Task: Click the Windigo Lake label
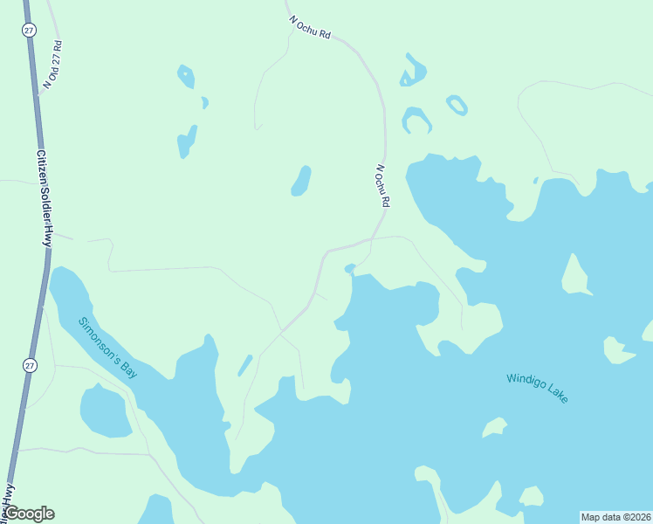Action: pyautogui.click(x=537, y=389)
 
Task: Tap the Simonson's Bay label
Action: pyautogui.click(x=108, y=347)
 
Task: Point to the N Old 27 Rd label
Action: pyautogui.click(x=52, y=65)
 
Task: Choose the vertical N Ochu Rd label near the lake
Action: pyautogui.click(x=382, y=185)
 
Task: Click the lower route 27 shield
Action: pyautogui.click(x=30, y=364)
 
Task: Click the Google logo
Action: pyautogui.click(x=29, y=514)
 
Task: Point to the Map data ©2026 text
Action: pyautogui.click(x=615, y=517)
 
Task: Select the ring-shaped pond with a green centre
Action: pyautogui.click(x=457, y=106)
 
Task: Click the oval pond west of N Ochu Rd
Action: pyautogui.click(x=301, y=181)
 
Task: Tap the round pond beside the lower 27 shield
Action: pyautogui.click(x=105, y=410)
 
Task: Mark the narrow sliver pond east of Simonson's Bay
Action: pyautogui.click(x=245, y=365)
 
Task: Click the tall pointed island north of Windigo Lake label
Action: pyautogui.click(x=574, y=274)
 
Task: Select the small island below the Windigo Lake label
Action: pyautogui.click(x=494, y=427)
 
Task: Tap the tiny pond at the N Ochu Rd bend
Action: pyautogui.click(x=350, y=268)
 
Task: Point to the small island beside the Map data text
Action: pyautogui.click(x=532, y=497)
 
